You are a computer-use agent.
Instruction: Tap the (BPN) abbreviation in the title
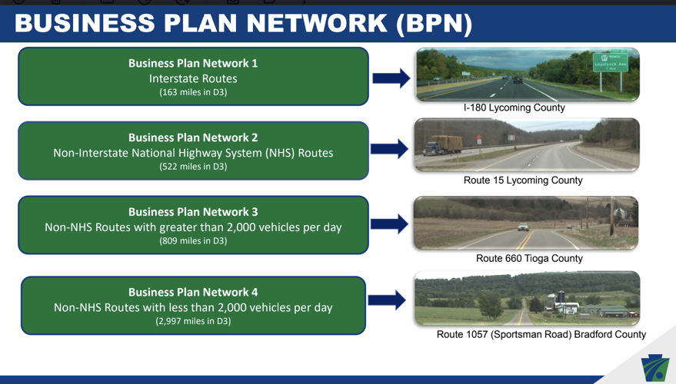coord(434,23)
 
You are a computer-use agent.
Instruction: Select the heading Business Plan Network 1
coord(193,63)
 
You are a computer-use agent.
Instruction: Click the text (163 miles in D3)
coord(193,92)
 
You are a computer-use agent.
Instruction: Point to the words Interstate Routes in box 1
coord(193,78)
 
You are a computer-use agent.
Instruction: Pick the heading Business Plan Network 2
coord(193,137)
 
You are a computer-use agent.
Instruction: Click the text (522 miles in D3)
coord(193,167)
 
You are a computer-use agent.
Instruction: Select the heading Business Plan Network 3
coord(193,212)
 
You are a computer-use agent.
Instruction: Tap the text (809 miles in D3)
coord(193,241)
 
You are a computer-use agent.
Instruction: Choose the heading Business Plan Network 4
coord(193,292)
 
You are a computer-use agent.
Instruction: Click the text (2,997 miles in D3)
coord(193,321)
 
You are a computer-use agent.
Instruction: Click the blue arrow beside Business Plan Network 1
coord(391,78)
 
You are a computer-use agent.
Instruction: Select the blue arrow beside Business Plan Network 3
coord(389,223)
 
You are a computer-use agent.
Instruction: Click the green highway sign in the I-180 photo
coord(610,62)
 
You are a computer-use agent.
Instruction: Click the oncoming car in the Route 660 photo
coord(522,227)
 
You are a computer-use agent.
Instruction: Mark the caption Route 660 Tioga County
coord(529,258)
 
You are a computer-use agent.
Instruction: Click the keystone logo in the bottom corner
coord(655,367)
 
